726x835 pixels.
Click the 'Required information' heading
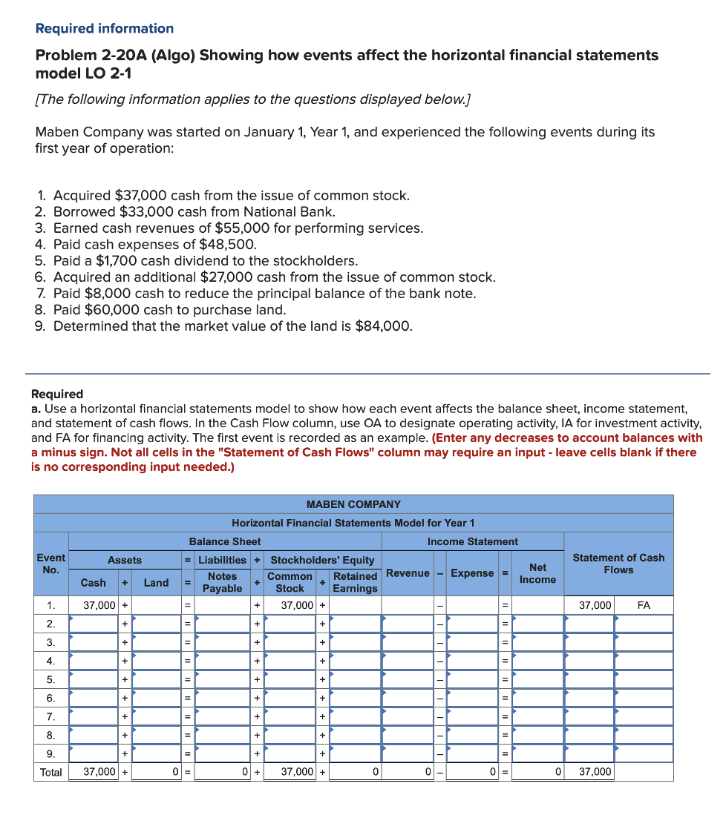(x=105, y=29)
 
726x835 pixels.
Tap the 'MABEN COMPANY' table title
(x=353, y=504)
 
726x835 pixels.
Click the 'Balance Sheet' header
(x=225, y=541)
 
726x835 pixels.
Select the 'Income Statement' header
(x=473, y=541)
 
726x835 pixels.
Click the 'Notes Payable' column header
(x=222, y=582)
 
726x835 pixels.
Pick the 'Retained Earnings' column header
(x=355, y=582)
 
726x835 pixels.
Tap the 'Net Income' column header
(x=537, y=573)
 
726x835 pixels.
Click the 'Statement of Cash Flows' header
(x=618, y=564)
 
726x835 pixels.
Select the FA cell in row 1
(x=644, y=606)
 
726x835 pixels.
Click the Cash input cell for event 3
(x=94, y=642)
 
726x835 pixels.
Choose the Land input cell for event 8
(x=156, y=735)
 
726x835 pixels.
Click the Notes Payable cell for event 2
(x=222, y=624)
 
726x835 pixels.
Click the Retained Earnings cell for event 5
(x=355, y=679)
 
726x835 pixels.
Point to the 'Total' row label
(x=51, y=772)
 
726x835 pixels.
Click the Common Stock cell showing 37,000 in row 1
(x=290, y=606)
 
